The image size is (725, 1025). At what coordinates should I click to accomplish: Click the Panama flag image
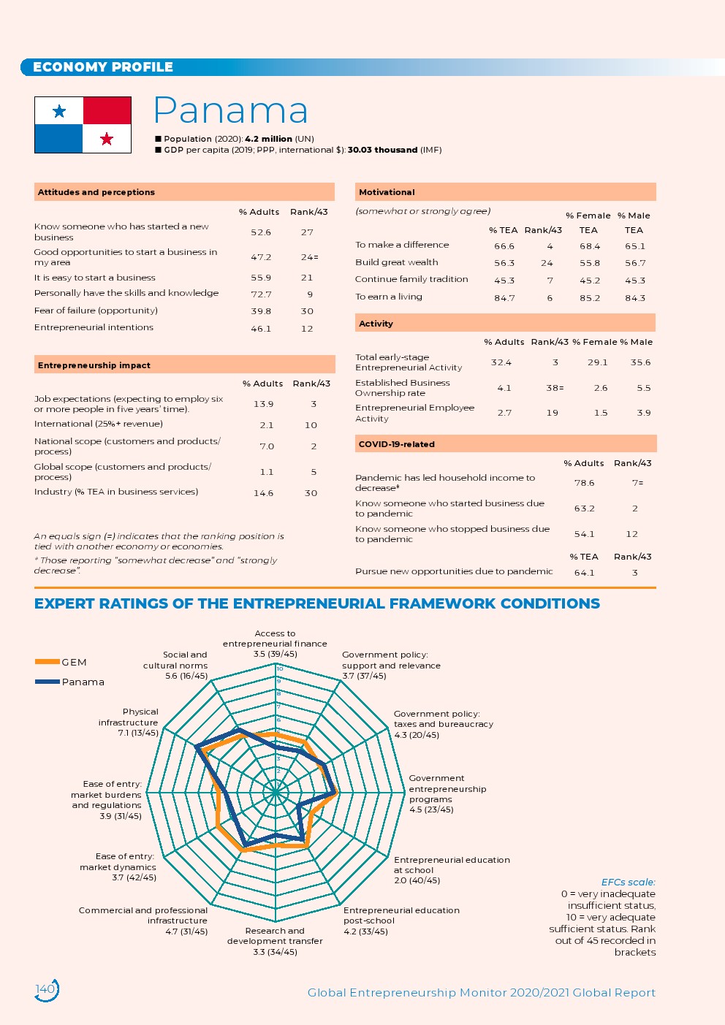(x=83, y=125)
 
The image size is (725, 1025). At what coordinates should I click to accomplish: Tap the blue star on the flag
(x=59, y=111)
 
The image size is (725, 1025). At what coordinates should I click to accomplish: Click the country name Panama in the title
(x=230, y=111)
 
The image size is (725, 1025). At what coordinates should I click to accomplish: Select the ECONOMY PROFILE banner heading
(x=103, y=67)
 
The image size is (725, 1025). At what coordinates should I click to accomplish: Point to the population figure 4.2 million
(x=268, y=139)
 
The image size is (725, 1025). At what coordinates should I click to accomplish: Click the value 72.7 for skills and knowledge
(x=261, y=294)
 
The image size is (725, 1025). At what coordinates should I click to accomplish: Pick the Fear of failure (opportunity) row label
(x=96, y=310)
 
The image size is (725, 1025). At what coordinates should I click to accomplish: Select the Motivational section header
(x=387, y=192)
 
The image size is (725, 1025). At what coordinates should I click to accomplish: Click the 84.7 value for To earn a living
(x=504, y=298)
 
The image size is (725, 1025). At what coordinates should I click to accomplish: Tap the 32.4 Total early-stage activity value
(x=501, y=362)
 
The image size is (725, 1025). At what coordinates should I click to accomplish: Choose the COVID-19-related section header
(x=397, y=444)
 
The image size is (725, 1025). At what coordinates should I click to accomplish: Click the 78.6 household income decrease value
(x=585, y=483)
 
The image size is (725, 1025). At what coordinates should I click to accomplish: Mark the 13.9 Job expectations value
(x=264, y=404)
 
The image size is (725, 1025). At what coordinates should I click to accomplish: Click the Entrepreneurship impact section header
(x=94, y=365)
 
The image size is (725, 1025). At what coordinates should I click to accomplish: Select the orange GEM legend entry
(x=61, y=662)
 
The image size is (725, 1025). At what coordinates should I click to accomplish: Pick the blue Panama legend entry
(x=70, y=682)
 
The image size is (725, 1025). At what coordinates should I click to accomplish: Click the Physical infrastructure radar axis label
(x=129, y=722)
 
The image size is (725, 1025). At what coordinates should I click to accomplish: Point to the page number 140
(x=45, y=989)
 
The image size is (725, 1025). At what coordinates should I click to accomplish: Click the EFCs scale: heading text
(x=628, y=882)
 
